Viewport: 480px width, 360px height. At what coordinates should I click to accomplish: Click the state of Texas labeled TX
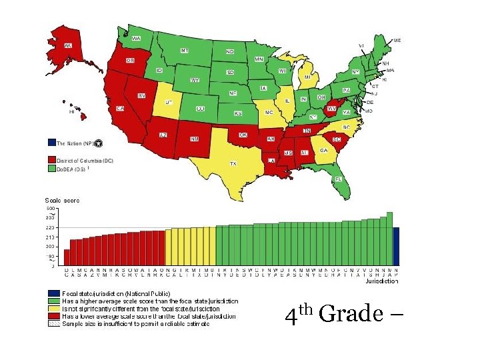click(x=233, y=163)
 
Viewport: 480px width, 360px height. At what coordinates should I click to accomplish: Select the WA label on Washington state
click(x=136, y=39)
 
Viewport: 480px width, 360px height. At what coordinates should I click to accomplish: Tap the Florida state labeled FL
click(x=339, y=179)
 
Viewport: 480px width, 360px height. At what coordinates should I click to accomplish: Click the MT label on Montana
click(x=185, y=51)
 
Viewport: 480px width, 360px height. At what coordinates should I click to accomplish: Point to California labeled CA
click(x=121, y=108)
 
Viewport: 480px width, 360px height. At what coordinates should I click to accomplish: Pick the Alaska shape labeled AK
click(x=67, y=46)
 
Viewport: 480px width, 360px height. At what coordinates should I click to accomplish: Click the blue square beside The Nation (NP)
click(x=51, y=143)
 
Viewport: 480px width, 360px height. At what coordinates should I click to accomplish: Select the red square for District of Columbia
click(x=51, y=160)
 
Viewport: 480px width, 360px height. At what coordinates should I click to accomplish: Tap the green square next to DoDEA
click(x=51, y=169)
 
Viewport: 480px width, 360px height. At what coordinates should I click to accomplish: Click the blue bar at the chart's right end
click(x=396, y=247)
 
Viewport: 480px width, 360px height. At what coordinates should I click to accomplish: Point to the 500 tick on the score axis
click(x=51, y=208)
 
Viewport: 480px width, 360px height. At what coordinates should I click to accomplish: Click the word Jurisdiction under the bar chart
click(x=382, y=281)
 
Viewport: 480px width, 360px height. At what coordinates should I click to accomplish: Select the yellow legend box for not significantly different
click(x=53, y=309)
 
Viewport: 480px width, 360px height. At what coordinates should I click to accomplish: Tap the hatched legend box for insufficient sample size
click(x=53, y=324)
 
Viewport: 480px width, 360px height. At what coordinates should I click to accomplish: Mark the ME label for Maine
click(x=397, y=41)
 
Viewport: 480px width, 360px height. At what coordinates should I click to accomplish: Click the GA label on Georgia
click(x=323, y=151)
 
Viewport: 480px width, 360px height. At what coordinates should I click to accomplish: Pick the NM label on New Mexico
click(x=194, y=139)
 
